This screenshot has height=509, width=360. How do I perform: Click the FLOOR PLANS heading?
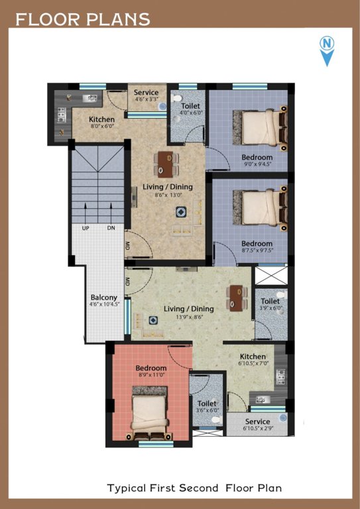(x=83, y=19)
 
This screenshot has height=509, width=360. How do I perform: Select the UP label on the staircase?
(x=86, y=228)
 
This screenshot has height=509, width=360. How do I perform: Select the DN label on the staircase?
(x=111, y=228)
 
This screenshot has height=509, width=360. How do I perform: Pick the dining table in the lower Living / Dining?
(x=235, y=297)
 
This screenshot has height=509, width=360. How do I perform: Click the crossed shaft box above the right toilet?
(x=271, y=276)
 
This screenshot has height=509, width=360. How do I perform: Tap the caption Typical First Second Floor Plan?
(x=194, y=488)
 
